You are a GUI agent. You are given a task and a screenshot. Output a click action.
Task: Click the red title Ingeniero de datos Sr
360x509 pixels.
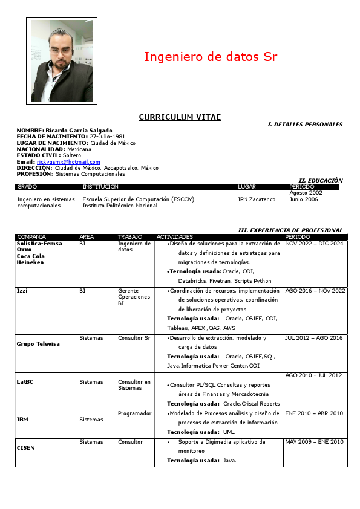pos(211,57)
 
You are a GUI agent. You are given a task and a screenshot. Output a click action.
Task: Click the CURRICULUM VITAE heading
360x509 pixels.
pos(180,117)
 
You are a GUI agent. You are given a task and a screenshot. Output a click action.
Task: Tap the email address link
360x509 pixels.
pos(68,162)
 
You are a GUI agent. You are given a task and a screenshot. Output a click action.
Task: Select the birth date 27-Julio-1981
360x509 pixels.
pos(107,137)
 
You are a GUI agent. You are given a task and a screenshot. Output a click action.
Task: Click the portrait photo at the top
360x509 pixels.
pos(61,60)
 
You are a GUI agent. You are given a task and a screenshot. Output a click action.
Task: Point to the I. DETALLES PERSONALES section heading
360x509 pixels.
pos(305,125)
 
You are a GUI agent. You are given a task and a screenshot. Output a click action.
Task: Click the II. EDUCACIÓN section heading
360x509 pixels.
pos(321,180)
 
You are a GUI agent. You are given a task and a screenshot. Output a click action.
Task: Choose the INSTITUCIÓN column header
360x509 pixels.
pos(100,187)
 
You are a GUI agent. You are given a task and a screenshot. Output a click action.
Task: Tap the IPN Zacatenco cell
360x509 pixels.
pos(257,199)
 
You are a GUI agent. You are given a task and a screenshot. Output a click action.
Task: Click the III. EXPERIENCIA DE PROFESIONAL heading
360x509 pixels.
pos(290,230)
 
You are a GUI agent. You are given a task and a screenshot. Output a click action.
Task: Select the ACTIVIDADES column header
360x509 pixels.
pos(175,237)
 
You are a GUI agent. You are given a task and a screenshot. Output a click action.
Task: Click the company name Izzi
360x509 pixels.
pos(22,291)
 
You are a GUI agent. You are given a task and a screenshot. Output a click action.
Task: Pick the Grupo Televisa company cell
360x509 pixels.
pos(38,344)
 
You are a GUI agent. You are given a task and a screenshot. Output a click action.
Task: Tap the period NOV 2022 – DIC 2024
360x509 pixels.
pos(314,244)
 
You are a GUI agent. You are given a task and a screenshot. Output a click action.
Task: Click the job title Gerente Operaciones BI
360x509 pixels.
pos(130,297)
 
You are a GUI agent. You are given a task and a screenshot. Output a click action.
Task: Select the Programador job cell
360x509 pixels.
pos(134,413)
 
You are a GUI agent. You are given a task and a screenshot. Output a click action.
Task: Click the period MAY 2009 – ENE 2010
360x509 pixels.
pos(314,442)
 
